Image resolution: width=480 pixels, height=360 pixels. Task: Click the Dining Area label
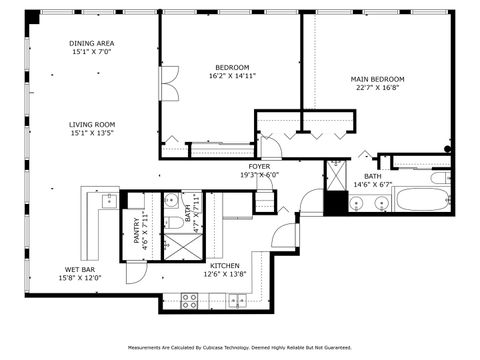[x=92, y=43]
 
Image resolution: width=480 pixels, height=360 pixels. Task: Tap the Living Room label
[x=92, y=124]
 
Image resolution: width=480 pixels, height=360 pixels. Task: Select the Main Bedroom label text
[x=377, y=79]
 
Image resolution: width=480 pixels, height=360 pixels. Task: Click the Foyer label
[x=259, y=166]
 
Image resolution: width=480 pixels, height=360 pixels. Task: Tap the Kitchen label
[x=224, y=265]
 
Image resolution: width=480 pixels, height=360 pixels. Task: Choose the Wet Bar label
[x=80, y=269]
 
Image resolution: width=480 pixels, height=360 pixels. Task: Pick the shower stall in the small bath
[x=180, y=246]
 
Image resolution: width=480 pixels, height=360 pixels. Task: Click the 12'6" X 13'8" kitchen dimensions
[x=224, y=274]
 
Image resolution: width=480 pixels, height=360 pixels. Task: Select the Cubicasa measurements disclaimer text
[x=239, y=348]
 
